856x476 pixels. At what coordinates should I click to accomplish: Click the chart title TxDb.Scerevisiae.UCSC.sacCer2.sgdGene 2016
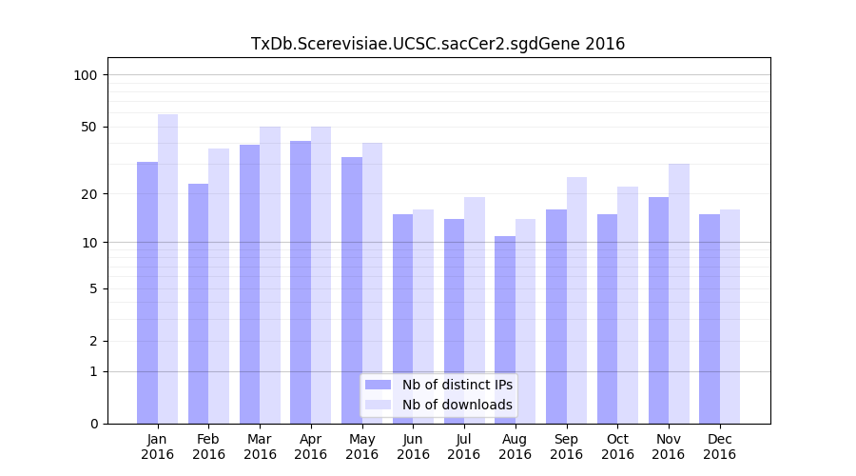coord(438,44)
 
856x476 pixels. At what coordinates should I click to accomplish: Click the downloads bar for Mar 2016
coord(270,275)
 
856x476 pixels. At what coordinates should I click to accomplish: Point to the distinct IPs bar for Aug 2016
coord(505,329)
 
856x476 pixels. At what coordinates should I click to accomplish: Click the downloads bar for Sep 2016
coord(576,300)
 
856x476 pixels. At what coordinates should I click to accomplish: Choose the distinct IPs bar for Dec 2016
coord(710,319)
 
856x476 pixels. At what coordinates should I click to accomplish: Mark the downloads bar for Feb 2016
coord(219,286)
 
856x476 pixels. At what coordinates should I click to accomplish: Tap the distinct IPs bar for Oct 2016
coord(608,319)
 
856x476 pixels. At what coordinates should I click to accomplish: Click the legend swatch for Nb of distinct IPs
coord(378,385)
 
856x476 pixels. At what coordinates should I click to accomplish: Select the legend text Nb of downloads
coord(457,405)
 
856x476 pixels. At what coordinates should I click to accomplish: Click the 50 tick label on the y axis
coord(89,127)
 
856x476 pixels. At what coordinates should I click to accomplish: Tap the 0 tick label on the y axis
coord(93,424)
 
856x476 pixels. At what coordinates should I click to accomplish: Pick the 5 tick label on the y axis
coord(93,288)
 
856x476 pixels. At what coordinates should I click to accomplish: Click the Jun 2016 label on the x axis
coord(413,446)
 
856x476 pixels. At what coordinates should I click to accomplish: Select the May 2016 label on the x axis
coord(362,446)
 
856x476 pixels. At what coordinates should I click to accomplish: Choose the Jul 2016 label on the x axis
coord(464,446)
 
